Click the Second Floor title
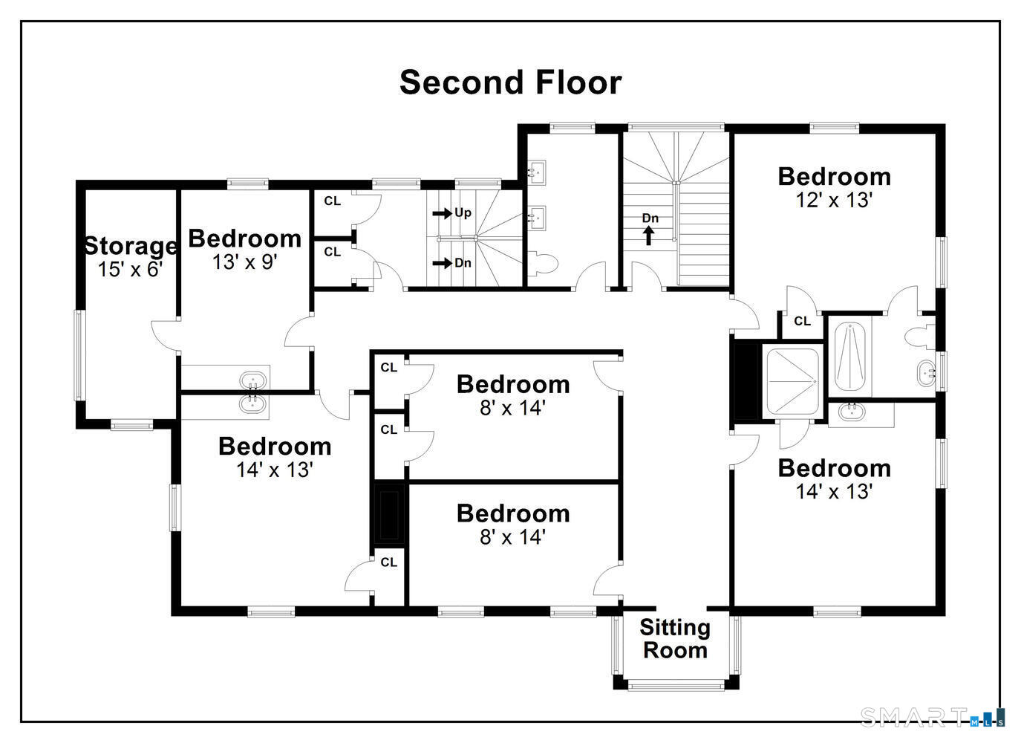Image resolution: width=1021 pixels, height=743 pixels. (x=511, y=82)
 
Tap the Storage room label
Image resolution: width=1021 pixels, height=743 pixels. (x=131, y=246)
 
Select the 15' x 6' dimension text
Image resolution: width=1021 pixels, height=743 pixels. (x=131, y=269)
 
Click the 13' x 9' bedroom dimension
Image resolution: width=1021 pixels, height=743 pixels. (x=245, y=262)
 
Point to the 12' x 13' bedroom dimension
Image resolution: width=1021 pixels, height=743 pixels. (x=834, y=200)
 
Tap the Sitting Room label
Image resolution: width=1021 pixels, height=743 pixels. (x=675, y=639)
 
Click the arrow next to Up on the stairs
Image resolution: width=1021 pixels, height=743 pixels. (x=442, y=213)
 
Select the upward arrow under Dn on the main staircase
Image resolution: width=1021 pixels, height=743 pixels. (x=648, y=236)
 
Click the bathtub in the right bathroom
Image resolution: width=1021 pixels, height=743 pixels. (x=849, y=357)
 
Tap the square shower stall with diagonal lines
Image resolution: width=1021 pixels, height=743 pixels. (x=792, y=382)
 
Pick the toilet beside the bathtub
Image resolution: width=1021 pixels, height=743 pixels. (x=920, y=338)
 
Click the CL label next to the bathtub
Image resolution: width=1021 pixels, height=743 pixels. (x=802, y=322)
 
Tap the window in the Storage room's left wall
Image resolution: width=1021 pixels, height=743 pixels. (x=79, y=355)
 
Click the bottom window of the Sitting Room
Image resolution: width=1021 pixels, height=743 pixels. (x=676, y=686)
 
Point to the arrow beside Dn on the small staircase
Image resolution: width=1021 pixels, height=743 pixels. (x=442, y=263)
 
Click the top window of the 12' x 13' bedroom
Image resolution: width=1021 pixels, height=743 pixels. (x=834, y=128)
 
